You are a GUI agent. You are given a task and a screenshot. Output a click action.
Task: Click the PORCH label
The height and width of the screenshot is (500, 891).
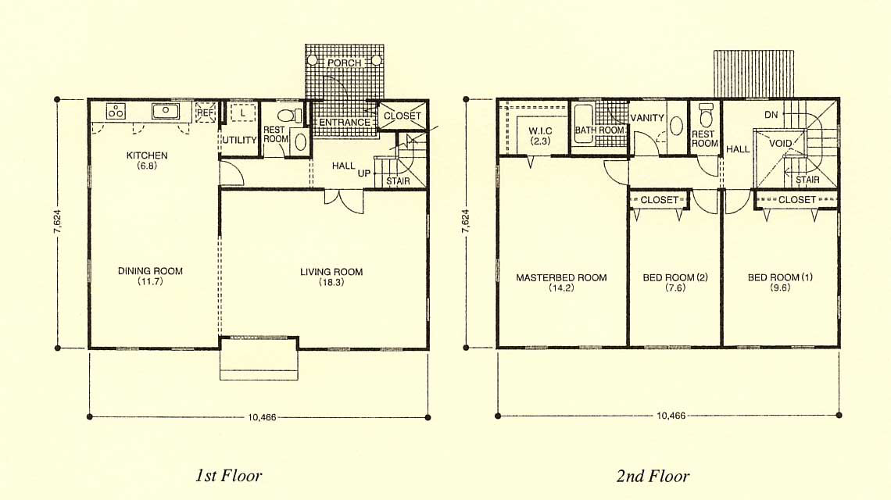point(344,62)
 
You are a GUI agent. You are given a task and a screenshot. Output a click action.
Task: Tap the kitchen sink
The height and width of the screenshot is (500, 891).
point(166,111)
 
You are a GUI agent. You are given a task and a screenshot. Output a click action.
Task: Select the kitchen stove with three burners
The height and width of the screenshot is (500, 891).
point(116,112)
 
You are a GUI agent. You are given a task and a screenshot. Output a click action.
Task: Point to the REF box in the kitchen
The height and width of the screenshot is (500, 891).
point(205,112)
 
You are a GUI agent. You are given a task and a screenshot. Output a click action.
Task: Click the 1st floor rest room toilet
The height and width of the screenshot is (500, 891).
point(291,116)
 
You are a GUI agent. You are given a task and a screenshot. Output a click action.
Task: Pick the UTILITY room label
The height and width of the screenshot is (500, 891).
point(239,140)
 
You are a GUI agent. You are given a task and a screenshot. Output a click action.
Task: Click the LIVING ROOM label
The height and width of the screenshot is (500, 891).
point(331,272)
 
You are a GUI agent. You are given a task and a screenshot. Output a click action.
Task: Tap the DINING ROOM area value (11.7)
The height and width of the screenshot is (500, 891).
point(150,281)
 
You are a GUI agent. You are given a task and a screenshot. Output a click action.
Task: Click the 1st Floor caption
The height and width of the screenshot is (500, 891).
point(228,475)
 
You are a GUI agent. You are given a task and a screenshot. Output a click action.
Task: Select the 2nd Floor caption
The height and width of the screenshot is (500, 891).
point(653,476)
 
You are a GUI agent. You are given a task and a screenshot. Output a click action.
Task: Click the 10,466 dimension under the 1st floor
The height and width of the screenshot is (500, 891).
point(262,417)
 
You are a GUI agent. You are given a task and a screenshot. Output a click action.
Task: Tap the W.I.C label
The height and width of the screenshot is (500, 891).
point(540,130)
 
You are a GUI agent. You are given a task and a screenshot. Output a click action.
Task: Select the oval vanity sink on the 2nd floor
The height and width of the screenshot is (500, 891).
point(675,126)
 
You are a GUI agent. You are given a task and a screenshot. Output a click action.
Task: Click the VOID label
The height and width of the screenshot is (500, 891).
point(780,143)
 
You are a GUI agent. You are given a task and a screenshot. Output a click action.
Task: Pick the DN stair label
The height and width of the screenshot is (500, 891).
point(771,115)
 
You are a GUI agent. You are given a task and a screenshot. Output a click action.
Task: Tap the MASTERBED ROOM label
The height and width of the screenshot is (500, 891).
point(561,277)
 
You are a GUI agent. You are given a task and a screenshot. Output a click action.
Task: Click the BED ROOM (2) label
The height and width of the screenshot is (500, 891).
point(675,277)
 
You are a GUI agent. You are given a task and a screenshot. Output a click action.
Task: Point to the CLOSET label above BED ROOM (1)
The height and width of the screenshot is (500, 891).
point(796,199)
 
